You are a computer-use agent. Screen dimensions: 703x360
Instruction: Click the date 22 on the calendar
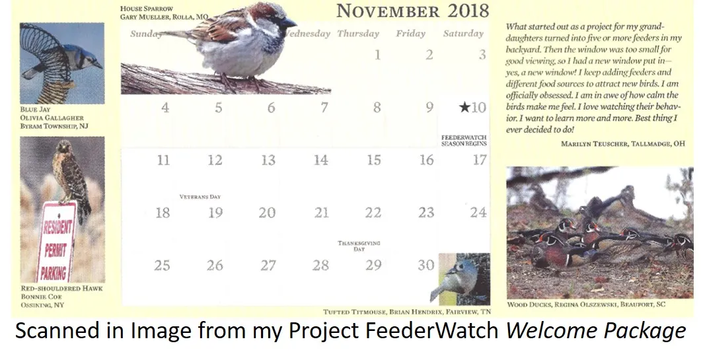coord(373,213)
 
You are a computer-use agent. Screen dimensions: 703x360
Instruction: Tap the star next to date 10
coord(464,107)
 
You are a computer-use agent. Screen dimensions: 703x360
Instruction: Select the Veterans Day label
coord(200,197)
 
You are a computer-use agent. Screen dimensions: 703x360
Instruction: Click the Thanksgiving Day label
coord(359,246)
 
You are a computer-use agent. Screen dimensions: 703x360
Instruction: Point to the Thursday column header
coord(358,34)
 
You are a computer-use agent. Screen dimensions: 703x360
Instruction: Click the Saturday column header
coord(463,34)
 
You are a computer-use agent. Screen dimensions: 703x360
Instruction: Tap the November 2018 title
coord(412,11)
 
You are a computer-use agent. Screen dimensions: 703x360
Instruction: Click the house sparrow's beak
coord(289,22)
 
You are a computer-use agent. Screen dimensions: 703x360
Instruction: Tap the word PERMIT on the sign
coord(55,250)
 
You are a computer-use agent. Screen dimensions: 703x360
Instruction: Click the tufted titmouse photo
coord(464,279)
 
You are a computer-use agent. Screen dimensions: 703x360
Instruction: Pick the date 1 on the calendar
coord(377,55)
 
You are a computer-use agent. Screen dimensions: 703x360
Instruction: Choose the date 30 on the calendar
coord(425,265)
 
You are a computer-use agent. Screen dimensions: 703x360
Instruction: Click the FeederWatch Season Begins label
coord(464,141)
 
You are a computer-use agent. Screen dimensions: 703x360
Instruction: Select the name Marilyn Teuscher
coord(595,144)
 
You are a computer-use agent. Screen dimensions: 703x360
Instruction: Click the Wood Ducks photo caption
coord(586,305)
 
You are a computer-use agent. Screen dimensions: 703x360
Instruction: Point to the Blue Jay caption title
coord(36,110)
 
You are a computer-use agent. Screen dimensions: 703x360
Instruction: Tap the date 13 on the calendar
coord(268,160)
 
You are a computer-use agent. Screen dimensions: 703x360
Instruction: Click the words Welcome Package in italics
coord(596,332)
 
